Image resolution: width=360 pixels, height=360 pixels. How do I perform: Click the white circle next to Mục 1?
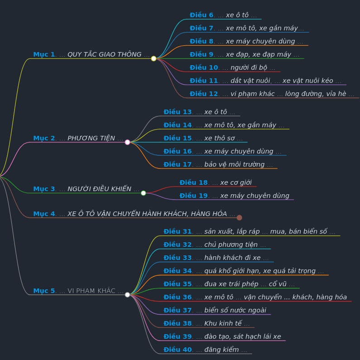coord(154,58)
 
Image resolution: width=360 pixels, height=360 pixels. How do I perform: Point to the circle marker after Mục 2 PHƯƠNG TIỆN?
coord(127,142)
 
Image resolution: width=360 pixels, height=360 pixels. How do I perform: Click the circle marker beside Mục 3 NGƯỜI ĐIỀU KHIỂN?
coord(144,193)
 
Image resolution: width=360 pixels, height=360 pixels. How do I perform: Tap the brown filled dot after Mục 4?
coord(239,217)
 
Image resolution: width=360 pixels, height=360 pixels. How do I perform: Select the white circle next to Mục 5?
coord(127,295)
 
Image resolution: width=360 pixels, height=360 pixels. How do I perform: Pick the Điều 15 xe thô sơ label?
coord(203,138)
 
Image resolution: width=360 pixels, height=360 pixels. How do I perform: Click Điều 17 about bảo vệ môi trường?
coord(218,164)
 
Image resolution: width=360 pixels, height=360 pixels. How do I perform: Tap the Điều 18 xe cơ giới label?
coord(216,182)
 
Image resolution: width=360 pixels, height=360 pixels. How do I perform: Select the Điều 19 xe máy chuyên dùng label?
coord(234,196)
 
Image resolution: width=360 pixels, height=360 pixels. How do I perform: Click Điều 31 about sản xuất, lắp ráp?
coord(249,231)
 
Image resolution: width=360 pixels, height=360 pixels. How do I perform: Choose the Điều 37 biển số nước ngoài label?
coord(215,310)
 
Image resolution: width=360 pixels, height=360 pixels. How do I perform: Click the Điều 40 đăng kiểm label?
coord(205,350)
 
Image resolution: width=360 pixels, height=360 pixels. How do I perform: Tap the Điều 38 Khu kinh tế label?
coord(206,323)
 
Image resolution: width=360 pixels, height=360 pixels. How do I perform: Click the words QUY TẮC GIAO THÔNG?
coord(104,54)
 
